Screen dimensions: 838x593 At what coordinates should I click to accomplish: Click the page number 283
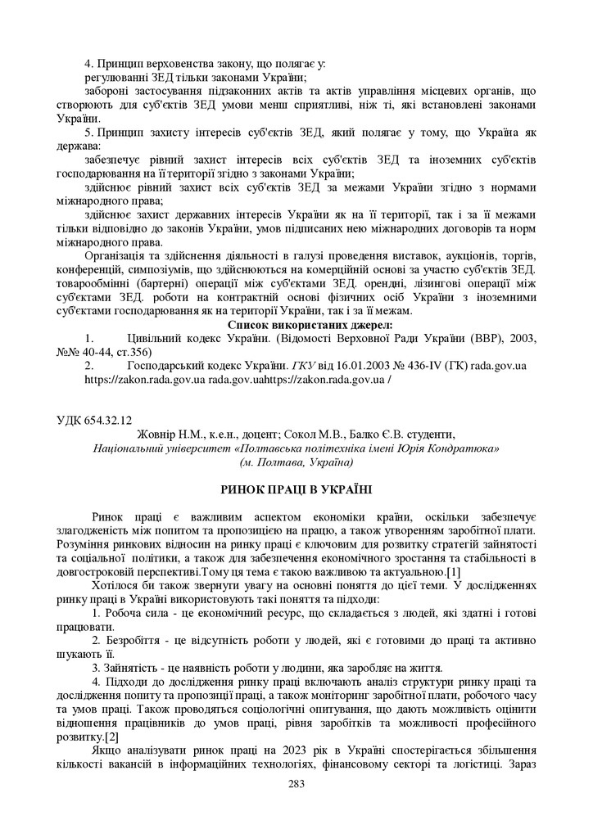(x=296, y=784)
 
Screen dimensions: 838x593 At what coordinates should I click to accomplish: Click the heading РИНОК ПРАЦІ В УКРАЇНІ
(x=296, y=489)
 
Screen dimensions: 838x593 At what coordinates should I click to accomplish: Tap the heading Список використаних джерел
(x=296, y=325)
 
